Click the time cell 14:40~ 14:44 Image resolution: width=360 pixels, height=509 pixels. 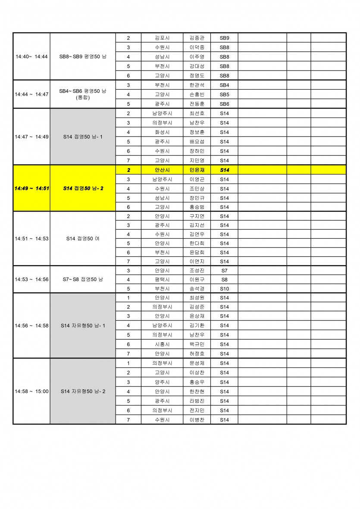31,56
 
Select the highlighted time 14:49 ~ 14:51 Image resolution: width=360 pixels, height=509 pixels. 31,188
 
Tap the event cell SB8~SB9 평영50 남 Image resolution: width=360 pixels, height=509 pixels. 83,56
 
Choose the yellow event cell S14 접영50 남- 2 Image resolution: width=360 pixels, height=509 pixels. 83,188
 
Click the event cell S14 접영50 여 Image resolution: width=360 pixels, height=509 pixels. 83,238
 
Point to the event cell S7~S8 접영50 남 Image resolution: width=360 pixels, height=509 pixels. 83,279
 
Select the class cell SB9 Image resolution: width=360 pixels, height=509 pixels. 224,38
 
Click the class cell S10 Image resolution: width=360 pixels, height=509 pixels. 224,288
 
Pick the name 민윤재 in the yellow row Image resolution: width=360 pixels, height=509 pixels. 197,170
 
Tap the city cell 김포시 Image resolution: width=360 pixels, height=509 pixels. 162,38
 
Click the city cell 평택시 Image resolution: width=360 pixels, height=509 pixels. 162,279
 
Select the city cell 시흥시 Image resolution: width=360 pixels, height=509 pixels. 162,344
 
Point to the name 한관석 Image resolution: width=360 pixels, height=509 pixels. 197,85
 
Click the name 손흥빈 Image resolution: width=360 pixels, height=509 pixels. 197,94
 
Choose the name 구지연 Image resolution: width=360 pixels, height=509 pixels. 197,216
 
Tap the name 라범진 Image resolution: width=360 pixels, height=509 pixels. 197,401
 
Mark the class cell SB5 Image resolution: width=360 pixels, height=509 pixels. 224,94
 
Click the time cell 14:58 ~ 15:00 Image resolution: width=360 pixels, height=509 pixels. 31,391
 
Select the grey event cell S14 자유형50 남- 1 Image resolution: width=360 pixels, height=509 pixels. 83,325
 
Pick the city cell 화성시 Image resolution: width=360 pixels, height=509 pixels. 162,132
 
